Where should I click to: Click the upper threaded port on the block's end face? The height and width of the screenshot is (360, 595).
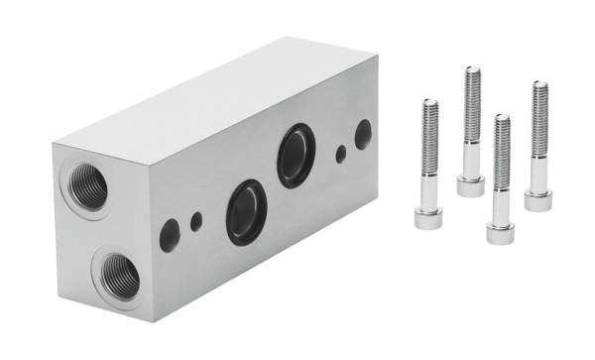[x=86, y=186]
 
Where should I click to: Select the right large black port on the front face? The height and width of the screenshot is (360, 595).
[x=295, y=156]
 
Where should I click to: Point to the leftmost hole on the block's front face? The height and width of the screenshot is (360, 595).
[x=170, y=234]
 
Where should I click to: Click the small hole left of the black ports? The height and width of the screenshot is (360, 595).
[x=197, y=221]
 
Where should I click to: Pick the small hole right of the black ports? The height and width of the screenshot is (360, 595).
[x=341, y=154]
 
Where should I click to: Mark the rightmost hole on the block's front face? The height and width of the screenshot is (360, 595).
[x=364, y=133]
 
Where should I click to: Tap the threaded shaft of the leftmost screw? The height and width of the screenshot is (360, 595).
[x=429, y=139]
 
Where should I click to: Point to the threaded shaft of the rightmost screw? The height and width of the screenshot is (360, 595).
[x=539, y=119]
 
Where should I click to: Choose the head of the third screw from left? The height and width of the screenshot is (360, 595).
[x=501, y=231]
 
